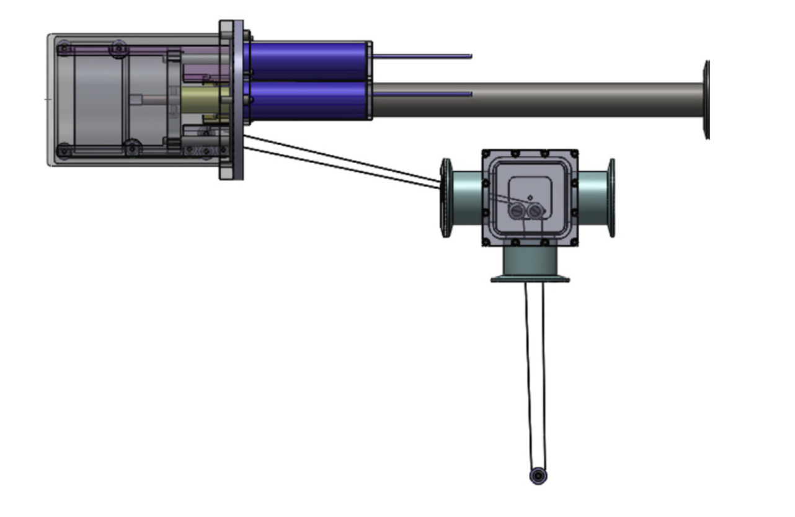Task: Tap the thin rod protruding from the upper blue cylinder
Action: (x=422, y=56)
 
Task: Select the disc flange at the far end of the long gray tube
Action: (x=706, y=99)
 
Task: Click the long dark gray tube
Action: (x=533, y=99)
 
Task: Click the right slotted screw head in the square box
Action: (x=535, y=211)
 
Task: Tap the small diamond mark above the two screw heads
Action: (x=529, y=198)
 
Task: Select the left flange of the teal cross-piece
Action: (x=445, y=197)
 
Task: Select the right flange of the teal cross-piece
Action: (x=611, y=197)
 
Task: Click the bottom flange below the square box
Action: (x=530, y=278)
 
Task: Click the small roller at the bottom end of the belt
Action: (x=538, y=476)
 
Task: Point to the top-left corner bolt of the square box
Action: (x=486, y=154)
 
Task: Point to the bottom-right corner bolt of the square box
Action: (x=574, y=241)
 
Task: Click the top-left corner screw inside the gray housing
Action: (x=63, y=47)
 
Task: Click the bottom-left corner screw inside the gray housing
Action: (x=63, y=149)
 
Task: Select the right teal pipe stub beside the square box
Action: (x=592, y=197)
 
